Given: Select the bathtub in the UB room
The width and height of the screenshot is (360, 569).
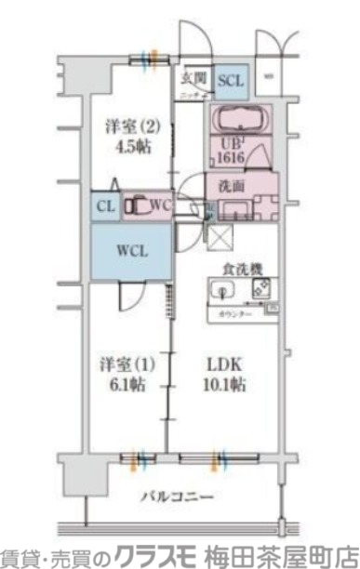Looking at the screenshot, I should coord(239,120).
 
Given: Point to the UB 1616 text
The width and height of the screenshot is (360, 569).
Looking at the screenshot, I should coord(233,151).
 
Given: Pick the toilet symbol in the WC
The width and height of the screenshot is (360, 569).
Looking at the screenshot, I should coord(138,205).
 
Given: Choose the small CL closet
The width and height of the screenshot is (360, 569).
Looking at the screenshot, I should coord(104,205).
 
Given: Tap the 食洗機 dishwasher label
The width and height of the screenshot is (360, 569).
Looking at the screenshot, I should coord(241,269).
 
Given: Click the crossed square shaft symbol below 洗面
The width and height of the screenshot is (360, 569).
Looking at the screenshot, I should coord(222,238).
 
